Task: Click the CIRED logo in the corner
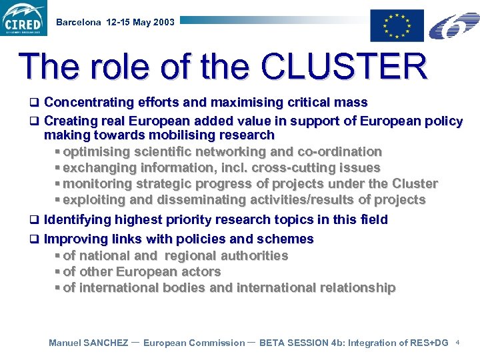click(x=24, y=18)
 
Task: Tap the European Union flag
click(x=397, y=25)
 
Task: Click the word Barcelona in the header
click(x=79, y=22)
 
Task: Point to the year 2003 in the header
click(x=163, y=22)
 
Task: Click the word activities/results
click(x=299, y=200)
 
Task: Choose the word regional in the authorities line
click(x=191, y=256)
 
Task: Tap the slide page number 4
click(x=459, y=342)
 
